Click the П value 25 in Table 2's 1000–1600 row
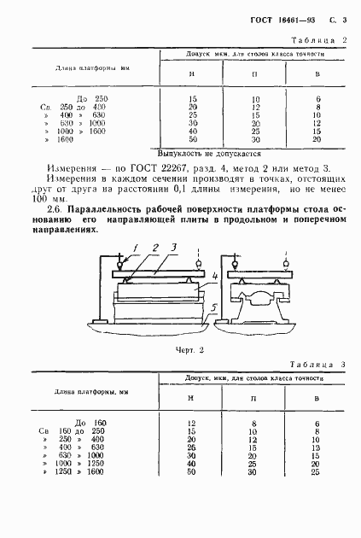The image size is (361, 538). pyautogui.click(x=255, y=131)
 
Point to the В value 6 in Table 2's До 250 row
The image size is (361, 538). pyautogui.click(x=317, y=99)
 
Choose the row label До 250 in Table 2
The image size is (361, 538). pyautogui.click(x=93, y=99)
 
